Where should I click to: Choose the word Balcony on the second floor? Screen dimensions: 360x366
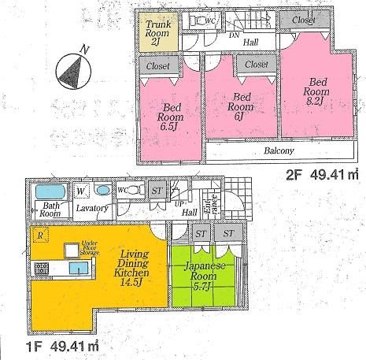pyautogui.click(x=278, y=151)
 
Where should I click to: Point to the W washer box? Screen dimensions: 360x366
pyautogui.click(x=81, y=190)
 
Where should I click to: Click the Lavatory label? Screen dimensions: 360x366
pyautogui.click(x=92, y=208)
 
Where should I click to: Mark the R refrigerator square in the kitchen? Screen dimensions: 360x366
pyautogui.click(x=39, y=235)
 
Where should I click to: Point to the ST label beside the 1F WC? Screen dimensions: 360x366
pyautogui.click(x=156, y=190)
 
